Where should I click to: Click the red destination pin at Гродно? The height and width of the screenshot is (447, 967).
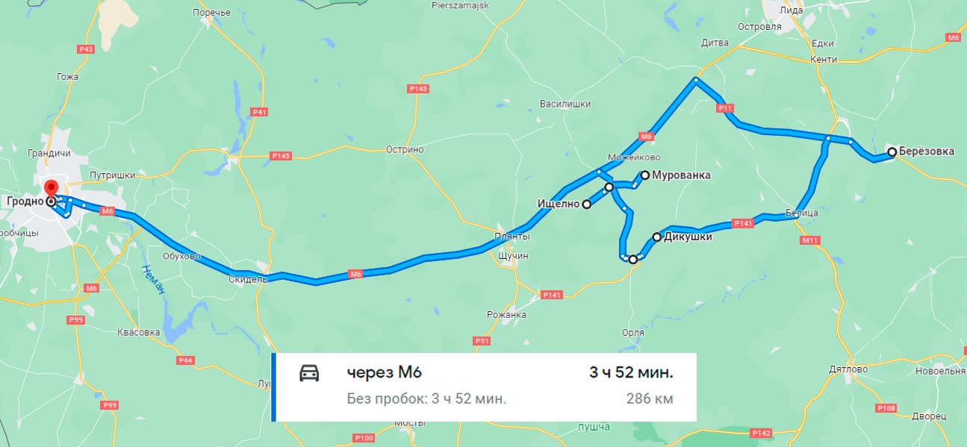click(51, 187)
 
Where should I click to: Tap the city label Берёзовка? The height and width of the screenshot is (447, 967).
click(926, 151)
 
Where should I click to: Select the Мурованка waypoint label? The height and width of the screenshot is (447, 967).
click(681, 175)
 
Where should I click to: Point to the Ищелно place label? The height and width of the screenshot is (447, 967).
click(559, 203)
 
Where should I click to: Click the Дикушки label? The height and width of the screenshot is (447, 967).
click(688, 237)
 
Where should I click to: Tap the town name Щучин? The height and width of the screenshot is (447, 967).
click(512, 255)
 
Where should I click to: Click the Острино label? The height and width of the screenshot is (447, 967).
click(405, 149)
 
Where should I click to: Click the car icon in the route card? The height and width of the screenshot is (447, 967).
click(308, 373)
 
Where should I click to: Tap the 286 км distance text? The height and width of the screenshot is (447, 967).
click(650, 398)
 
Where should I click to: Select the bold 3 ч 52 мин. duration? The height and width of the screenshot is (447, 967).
click(631, 372)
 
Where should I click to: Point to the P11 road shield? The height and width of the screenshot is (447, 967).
click(724, 108)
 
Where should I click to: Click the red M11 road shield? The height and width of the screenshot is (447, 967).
click(810, 240)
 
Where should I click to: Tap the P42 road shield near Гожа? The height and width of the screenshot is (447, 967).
click(86, 49)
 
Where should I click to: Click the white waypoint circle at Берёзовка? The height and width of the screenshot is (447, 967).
click(892, 152)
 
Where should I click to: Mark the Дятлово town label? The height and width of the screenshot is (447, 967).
click(848, 369)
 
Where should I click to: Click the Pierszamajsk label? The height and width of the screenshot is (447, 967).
click(459, 4)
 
